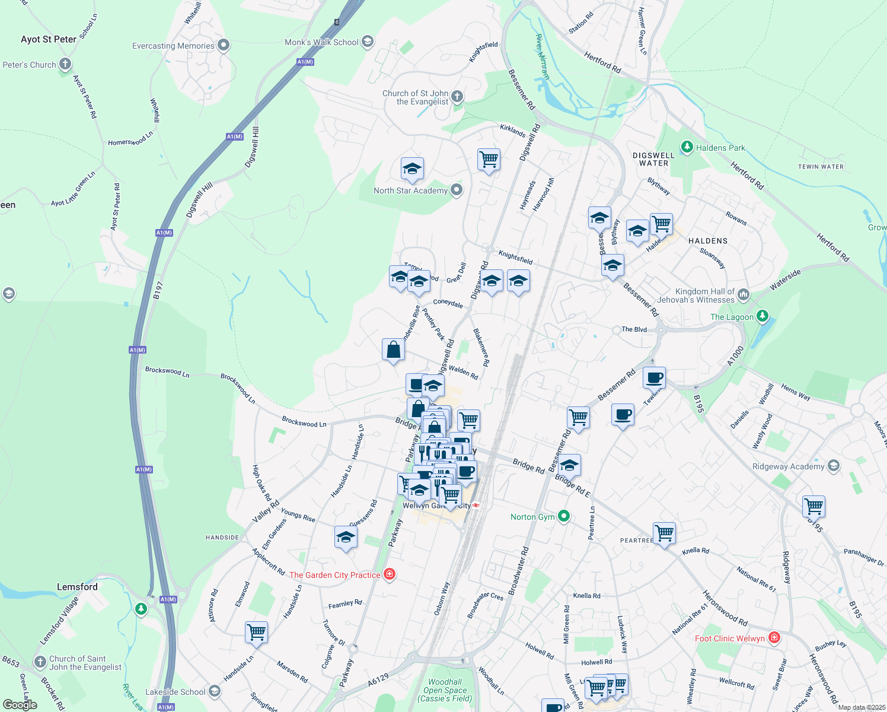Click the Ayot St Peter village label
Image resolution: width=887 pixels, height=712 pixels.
tap(49, 40)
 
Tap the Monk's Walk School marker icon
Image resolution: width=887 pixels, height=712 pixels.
tap(368, 42)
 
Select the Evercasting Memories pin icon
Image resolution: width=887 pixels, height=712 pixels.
tap(224, 45)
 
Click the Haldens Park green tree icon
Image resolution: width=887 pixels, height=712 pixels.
tap(687, 147)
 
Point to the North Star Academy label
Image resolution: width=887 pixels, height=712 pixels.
tap(410, 190)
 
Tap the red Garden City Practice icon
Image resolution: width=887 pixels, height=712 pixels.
tap(390, 574)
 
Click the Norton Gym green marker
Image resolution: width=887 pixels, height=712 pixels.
tap(564, 516)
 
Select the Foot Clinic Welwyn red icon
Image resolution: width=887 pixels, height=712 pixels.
tap(774, 638)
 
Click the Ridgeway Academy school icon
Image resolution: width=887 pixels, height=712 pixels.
tap(834, 466)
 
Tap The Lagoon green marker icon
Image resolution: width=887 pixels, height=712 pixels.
tap(762, 316)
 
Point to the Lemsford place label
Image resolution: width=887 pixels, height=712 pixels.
tap(77, 587)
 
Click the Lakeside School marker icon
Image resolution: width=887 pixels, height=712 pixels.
tap(215, 691)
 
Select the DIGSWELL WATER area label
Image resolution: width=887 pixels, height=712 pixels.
tap(653, 159)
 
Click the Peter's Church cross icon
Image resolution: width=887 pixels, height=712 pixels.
tap(65, 64)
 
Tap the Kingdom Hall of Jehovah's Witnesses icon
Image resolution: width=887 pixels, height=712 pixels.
tap(744, 295)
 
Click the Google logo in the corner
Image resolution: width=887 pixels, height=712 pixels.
tap(20, 704)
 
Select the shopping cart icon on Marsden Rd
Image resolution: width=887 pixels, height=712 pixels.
tap(257, 632)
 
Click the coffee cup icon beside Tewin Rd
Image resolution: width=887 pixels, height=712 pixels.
tap(655, 377)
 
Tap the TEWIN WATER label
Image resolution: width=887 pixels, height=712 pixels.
tap(821, 167)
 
